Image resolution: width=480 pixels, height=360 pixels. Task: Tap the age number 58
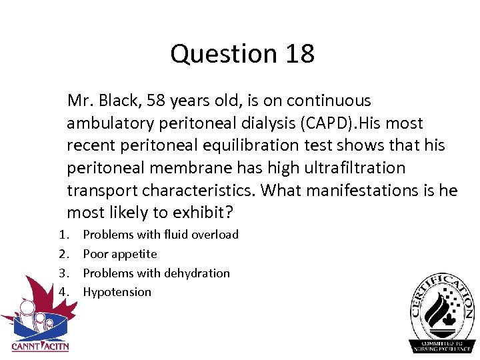[x=155, y=101]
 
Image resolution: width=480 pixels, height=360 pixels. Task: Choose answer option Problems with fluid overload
[x=161, y=235]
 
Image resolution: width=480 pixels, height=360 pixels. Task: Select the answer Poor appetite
[x=120, y=254]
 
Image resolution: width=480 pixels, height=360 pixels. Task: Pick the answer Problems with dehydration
[x=156, y=273]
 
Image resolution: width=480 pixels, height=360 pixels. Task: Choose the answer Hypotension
[x=117, y=292]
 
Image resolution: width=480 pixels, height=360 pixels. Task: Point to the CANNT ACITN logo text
[x=40, y=346]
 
